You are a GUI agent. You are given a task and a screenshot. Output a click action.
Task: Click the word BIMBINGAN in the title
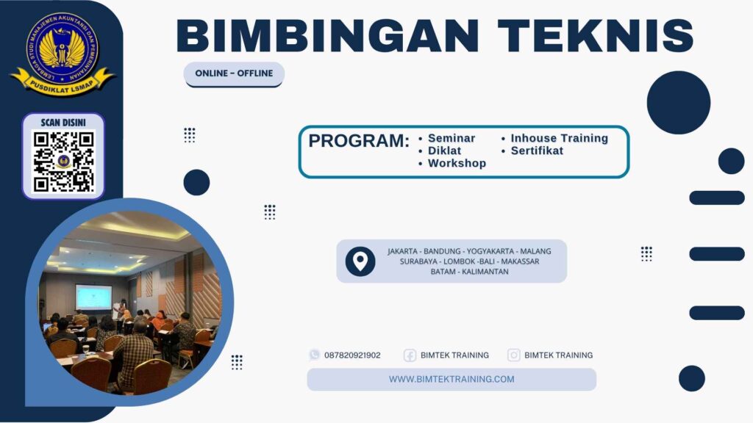(x=329, y=35)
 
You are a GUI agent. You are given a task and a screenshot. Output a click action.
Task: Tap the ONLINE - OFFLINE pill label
(x=234, y=73)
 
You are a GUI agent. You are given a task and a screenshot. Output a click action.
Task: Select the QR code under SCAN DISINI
(x=64, y=161)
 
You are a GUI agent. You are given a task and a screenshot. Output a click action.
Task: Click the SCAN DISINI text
(x=63, y=123)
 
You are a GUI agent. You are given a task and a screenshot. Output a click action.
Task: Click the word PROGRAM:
(x=359, y=141)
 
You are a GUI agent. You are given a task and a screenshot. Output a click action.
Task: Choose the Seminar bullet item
(x=451, y=138)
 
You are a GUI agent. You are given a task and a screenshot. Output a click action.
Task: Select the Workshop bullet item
(x=457, y=163)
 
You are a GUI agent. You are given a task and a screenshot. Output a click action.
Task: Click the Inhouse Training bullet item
(x=559, y=138)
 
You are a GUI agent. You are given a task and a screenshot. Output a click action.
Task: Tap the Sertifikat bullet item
(x=537, y=151)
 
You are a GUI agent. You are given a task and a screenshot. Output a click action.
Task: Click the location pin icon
(x=360, y=261)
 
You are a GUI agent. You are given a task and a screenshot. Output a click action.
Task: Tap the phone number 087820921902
(x=352, y=355)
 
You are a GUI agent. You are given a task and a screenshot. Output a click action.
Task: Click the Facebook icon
(x=410, y=355)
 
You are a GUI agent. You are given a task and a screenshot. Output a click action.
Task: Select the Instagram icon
(x=514, y=355)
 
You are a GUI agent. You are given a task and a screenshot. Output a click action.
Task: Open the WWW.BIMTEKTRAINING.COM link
(x=452, y=379)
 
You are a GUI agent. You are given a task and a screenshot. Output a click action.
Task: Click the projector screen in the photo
(x=93, y=297)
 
